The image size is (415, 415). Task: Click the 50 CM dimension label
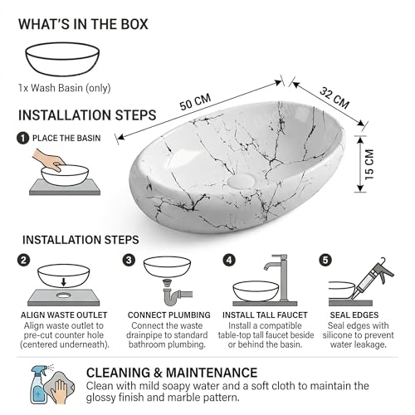point(195,102)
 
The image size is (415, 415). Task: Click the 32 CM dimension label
point(334,98)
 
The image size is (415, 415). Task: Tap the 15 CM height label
point(369,164)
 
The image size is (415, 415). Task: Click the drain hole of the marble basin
point(241,181)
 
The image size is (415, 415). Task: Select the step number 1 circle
point(22,138)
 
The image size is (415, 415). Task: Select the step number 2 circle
point(23,260)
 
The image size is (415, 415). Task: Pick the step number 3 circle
point(129,260)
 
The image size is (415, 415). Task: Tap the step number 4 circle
point(229,260)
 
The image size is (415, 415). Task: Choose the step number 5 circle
point(325,260)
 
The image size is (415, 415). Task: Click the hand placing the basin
point(48,160)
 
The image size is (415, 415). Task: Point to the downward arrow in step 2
point(64,282)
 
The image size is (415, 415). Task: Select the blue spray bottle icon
point(40,385)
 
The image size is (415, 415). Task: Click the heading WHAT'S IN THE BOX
point(83,24)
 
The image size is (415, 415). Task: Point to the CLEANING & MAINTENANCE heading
point(172,373)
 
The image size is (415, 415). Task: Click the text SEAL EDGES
point(354,315)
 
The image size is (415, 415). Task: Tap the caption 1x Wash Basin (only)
point(65,88)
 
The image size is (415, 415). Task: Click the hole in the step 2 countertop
point(64,295)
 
